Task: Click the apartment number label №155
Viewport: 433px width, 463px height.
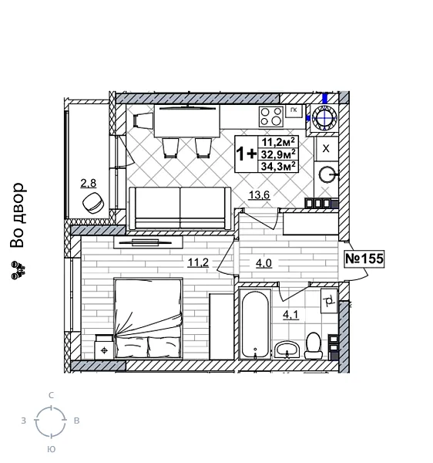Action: tap(364, 259)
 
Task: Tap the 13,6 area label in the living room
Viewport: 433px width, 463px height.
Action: tap(259, 195)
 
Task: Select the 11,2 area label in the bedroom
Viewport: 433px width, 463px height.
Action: tap(198, 262)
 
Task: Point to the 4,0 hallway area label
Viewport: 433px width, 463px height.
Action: tap(263, 263)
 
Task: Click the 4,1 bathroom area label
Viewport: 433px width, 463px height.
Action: tap(290, 314)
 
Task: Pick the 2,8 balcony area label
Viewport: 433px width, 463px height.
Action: tap(89, 183)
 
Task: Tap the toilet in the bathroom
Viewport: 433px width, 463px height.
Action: tap(313, 345)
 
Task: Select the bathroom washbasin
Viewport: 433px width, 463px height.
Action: tap(287, 349)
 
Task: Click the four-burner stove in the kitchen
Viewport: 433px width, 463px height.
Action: tap(270, 117)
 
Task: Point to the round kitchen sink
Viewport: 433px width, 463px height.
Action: tap(327, 174)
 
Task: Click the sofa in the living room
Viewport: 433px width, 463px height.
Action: tap(180, 208)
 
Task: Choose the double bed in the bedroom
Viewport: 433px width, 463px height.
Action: tap(149, 318)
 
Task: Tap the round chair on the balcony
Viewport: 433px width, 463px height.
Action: tap(94, 203)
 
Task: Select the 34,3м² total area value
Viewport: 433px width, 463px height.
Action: tap(278, 166)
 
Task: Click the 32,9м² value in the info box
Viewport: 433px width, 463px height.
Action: tap(278, 154)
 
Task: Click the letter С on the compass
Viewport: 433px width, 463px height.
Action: tap(51, 395)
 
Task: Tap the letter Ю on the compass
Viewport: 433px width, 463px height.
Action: tap(51, 449)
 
